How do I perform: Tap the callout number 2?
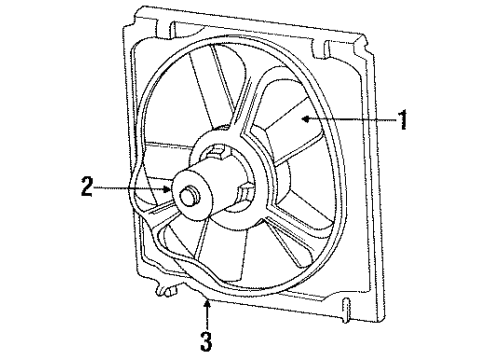tap(87, 185)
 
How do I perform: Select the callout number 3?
tap(206, 342)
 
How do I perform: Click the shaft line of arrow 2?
tap(130, 186)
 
